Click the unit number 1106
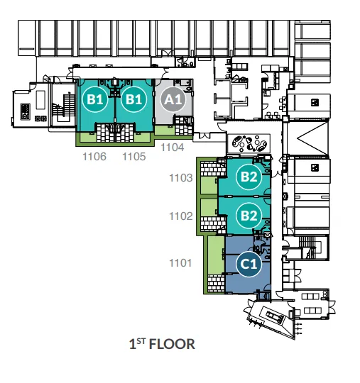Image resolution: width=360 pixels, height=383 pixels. click(94, 157)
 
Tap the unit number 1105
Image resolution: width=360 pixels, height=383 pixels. click(133, 157)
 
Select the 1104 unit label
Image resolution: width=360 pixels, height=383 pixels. click(172, 148)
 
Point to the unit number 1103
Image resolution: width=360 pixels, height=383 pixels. click(181, 178)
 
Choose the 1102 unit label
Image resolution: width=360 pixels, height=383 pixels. click(181, 216)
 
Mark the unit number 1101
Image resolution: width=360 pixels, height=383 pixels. click(180, 263)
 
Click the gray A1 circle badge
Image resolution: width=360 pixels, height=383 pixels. click(173, 99)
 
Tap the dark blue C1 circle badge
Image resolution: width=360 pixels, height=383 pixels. click(249, 264)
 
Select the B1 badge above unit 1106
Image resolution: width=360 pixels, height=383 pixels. click(95, 99)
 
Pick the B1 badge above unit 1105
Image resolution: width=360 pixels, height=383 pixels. click(133, 99)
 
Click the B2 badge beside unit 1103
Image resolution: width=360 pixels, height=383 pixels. click(249, 177)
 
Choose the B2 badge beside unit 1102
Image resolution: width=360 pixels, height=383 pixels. click(249, 216)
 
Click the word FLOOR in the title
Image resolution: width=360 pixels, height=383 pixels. click(172, 344)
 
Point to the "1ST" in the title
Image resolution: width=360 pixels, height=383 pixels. click(138, 344)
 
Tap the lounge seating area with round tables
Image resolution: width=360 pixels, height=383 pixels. click(249, 143)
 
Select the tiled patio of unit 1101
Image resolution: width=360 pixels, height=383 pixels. click(216, 284)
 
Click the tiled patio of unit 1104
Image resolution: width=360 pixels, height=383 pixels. click(184, 126)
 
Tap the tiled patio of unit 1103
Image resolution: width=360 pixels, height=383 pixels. click(213, 169)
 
